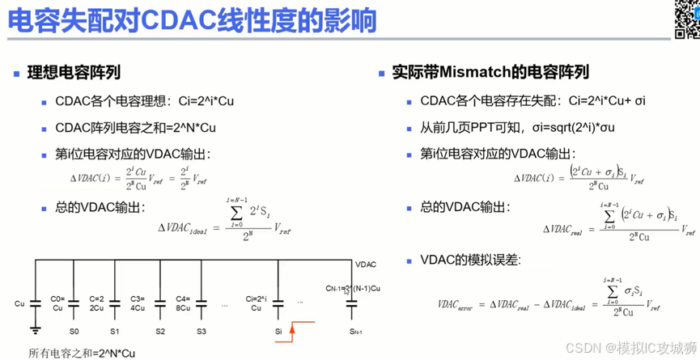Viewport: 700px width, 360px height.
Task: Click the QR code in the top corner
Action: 686,18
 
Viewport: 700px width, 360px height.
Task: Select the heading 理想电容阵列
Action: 74,73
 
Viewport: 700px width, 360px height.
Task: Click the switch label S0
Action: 74,332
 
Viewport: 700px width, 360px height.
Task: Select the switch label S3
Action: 201,332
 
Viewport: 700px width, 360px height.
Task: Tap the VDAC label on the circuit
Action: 366,264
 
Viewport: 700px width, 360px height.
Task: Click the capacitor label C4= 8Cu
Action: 183,303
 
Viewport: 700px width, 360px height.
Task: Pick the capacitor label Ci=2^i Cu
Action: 257,303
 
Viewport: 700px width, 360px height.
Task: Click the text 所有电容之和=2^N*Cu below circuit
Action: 82,353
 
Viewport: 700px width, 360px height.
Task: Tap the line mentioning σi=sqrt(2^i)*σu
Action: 518,128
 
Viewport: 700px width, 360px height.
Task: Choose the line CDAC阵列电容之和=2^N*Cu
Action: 135,128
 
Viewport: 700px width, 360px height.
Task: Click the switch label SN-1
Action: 356,332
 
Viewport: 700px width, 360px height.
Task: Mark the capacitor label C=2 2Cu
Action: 97,303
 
